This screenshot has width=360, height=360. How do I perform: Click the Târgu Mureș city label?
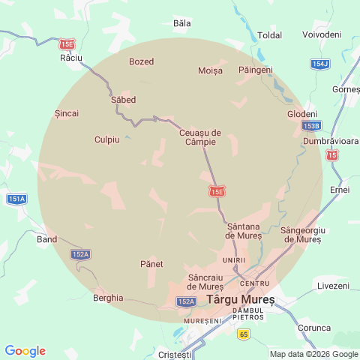[x=241, y=298]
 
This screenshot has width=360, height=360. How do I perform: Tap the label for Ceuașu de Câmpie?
[x=200, y=137]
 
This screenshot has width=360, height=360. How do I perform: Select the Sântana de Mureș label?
[x=244, y=230]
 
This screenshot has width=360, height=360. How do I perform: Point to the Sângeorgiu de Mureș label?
[x=301, y=234]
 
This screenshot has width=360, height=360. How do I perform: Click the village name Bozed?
[x=142, y=61]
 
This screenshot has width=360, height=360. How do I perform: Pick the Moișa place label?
[x=211, y=70]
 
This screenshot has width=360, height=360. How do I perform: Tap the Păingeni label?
[x=255, y=70]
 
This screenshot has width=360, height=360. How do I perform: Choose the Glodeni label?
[x=302, y=113]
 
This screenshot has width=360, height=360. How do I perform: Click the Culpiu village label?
[x=107, y=139]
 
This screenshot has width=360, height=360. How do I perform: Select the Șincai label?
[x=67, y=113]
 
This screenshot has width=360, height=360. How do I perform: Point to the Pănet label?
[x=151, y=264]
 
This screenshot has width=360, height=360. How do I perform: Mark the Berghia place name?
[x=108, y=297]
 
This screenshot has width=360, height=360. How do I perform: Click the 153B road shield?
[x=310, y=125]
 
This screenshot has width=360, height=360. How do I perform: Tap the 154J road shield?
[x=319, y=64]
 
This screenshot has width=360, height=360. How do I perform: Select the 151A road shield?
[x=16, y=199]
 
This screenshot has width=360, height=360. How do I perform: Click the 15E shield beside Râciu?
[x=67, y=44]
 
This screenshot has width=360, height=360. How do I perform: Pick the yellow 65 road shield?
[x=243, y=334]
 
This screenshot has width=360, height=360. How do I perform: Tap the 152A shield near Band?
[x=81, y=255]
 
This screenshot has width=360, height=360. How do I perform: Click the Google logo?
[x=25, y=351]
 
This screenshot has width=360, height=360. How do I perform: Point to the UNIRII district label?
[x=234, y=260]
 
